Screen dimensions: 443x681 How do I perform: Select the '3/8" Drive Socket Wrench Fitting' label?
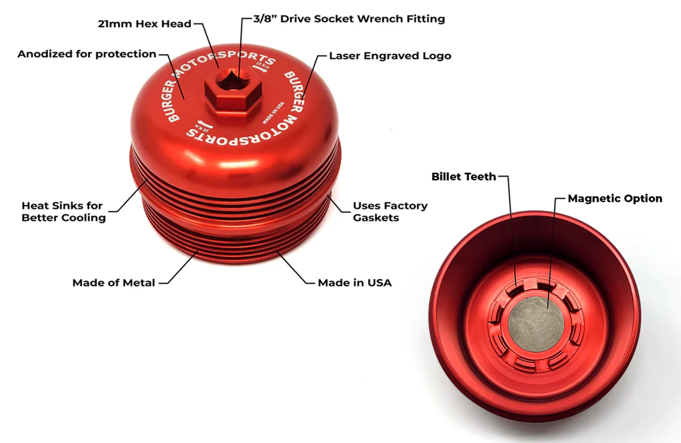pyautogui.click(x=349, y=19)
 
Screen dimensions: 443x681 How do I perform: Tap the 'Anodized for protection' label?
pyautogui.click(x=86, y=54)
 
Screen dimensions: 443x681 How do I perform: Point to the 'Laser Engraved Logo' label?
pyautogui.click(x=390, y=56)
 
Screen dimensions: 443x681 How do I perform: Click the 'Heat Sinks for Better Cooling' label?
pyautogui.click(x=63, y=212)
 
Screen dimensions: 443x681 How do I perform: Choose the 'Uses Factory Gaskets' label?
pyautogui.click(x=390, y=212)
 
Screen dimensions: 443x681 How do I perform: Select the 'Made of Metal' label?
pyautogui.click(x=114, y=283)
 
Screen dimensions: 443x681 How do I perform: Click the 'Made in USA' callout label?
pyautogui.click(x=354, y=283)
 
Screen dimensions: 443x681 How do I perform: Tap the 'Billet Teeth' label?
pyautogui.click(x=464, y=176)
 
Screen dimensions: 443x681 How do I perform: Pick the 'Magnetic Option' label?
pyautogui.click(x=614, y=198)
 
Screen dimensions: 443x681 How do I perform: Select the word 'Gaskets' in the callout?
pyautogui.click(x=376, y=218)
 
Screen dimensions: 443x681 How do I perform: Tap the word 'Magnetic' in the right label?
pyautogui.click(x=593, y=198)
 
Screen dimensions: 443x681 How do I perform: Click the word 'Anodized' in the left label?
pyautogui.click(x=44, y=54)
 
